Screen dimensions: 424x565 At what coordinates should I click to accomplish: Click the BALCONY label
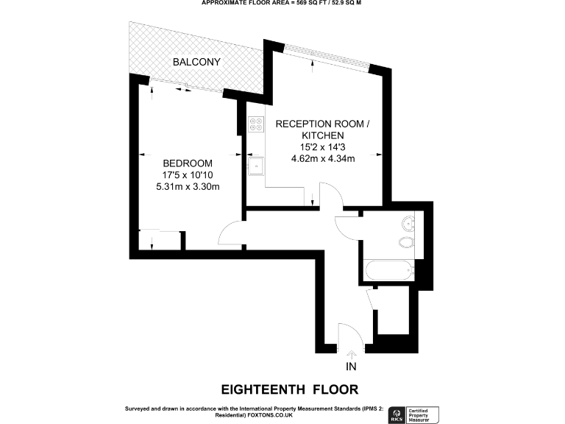(x=196, y=62)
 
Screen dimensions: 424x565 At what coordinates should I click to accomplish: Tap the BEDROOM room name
(x=188, y=163)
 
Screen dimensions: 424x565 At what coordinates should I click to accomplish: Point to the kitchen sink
(x=255, y=165)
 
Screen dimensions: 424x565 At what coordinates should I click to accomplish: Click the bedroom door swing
(x=232, y=235)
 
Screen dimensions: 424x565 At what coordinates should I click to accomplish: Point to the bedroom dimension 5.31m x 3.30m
(x=188, y=187)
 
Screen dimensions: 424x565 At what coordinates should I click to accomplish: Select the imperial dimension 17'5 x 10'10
(x=188, y=175)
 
